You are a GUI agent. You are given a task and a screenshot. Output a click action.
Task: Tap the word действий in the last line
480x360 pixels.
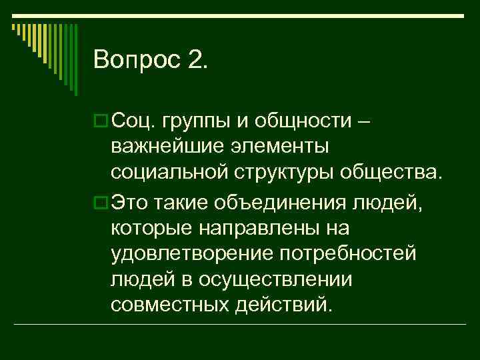(x=283, y=307)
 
